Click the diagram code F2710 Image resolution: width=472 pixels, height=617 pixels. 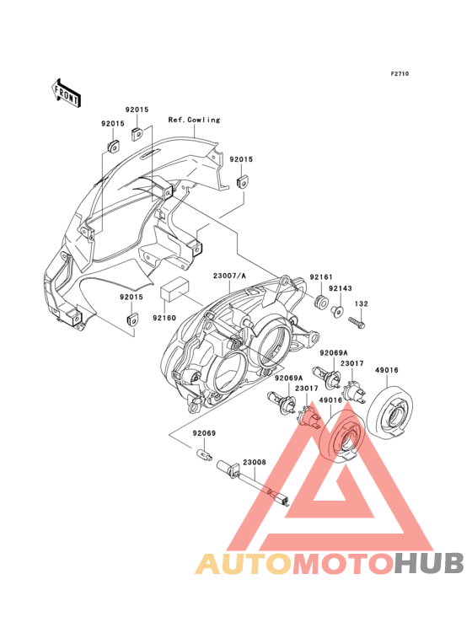pos(400,73)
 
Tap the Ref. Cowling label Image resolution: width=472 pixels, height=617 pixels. pos(194,120)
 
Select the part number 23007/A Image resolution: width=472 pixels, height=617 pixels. pos(229,276)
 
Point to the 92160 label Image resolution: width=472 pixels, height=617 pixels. pos(164,318)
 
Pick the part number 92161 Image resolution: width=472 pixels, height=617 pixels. pos(321,277)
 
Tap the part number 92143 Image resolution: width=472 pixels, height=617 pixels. pos(341,288)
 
